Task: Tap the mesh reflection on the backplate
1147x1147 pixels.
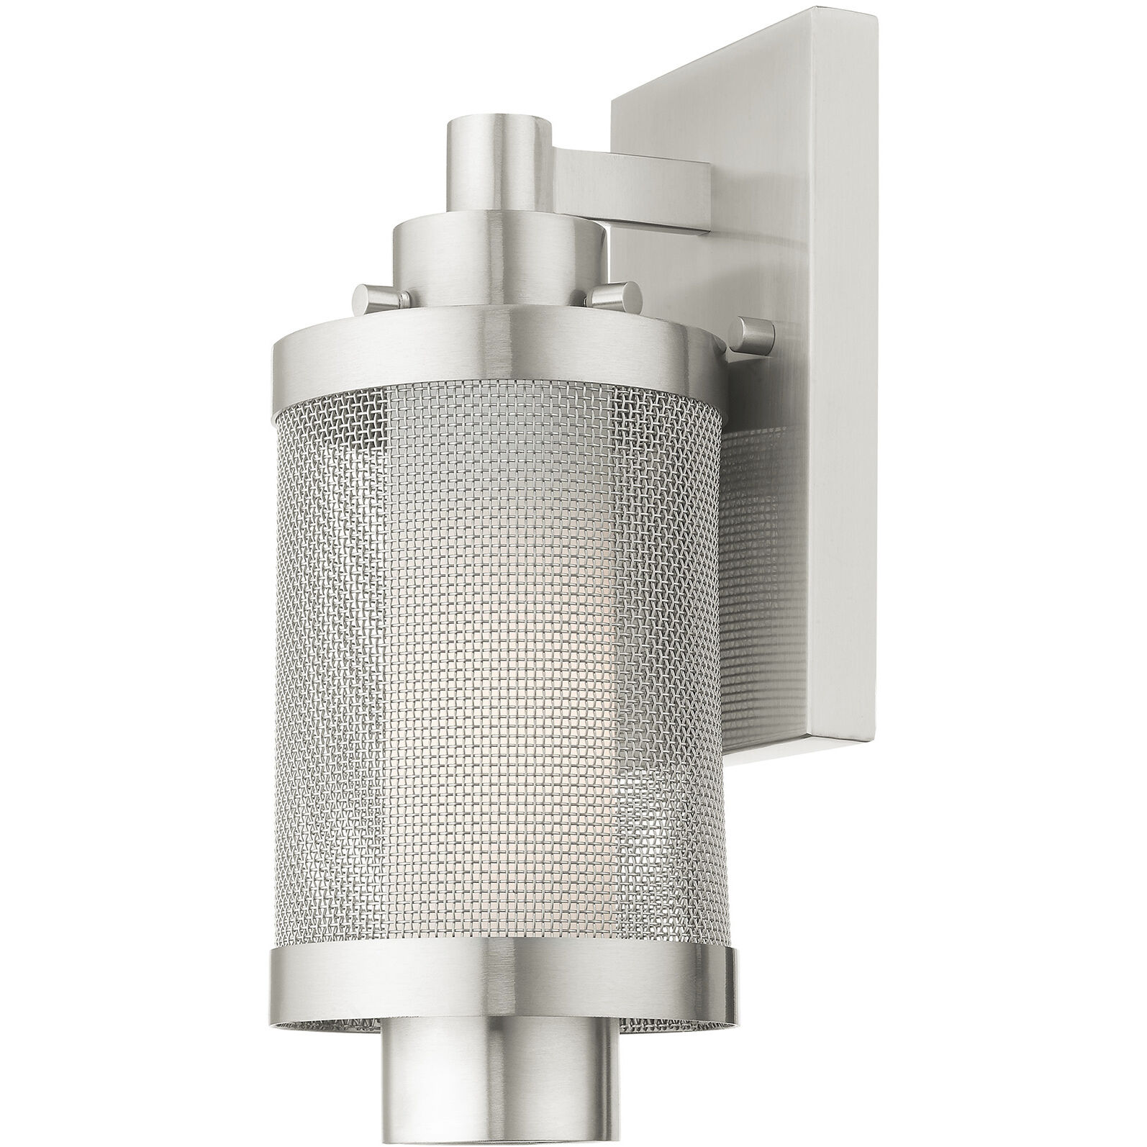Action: coord(756,504)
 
